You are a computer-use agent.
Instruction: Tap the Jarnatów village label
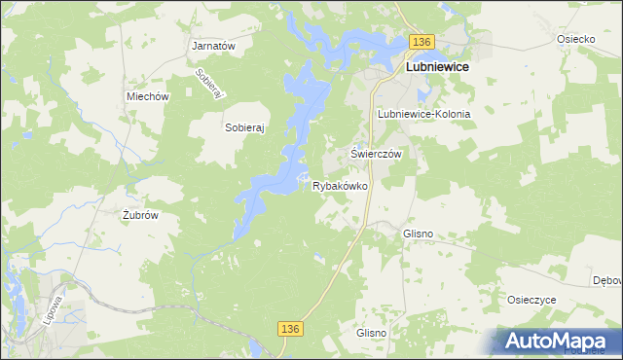click(214, 46)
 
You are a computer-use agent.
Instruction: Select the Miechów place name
click(148, 96)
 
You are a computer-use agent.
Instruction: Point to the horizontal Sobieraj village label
click(245, 127)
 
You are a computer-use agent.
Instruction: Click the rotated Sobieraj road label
click(210, 83)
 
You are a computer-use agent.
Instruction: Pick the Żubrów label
click(140, 215)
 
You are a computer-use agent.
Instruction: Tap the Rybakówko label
click(339, 186)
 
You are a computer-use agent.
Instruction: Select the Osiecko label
click(575, 39)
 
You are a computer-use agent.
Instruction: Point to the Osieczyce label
click(531, 300)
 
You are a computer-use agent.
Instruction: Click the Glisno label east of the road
click(418, 234)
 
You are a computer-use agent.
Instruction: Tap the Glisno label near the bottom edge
click(371, 333)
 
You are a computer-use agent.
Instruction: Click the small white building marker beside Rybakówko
click(307, 177)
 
